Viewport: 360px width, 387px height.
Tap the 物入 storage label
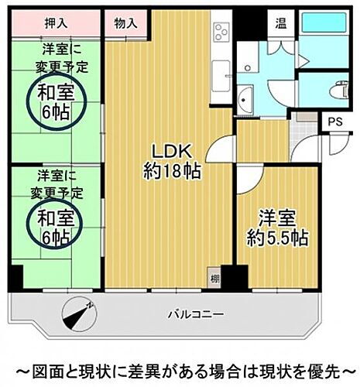[125, 23]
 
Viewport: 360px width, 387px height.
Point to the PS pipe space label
[334, 122]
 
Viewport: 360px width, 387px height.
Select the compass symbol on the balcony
[78, 314]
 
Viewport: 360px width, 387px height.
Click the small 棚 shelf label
[214, 276]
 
